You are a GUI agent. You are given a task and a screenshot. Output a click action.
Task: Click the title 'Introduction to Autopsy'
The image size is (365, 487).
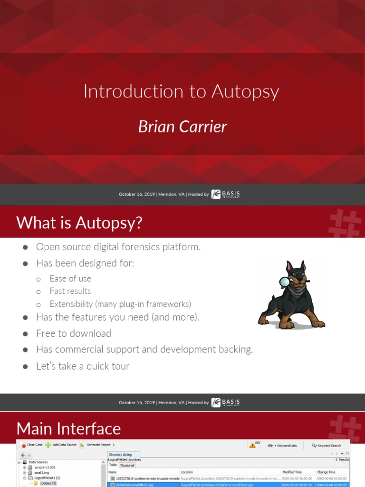click(x=181, y=91)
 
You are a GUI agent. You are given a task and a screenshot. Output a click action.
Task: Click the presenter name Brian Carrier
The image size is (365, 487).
click(x=182, y=127)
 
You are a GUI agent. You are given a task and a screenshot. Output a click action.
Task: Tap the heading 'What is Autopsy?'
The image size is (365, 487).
click(x=79, y=222)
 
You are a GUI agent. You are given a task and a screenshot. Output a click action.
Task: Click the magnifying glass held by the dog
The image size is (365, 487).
click(x=284, y=282)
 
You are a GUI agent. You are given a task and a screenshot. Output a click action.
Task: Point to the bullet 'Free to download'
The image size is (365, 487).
click(x=74, y=333)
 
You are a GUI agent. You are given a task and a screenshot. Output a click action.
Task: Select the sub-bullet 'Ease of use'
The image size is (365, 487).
click(x=70, y=278)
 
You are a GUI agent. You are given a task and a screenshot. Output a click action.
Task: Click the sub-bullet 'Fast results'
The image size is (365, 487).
click(x=70, y=291)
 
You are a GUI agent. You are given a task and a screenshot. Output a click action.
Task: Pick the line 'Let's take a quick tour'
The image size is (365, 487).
click(x=83, y=366)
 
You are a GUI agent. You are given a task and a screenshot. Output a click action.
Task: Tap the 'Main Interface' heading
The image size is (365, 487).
click(x=68, y=429)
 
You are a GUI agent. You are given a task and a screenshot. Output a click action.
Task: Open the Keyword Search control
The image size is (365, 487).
click(x=327, y=446)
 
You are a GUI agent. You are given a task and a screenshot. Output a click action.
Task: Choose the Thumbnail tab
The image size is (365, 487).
click(x=127, y=465)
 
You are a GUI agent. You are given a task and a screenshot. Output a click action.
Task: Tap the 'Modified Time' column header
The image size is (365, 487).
click(x=292, y=472)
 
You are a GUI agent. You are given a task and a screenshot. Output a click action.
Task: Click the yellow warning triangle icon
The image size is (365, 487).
click(x=252, y=446)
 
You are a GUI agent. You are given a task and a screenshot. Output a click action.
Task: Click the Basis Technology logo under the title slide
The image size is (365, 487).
click(x=226, y=194)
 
